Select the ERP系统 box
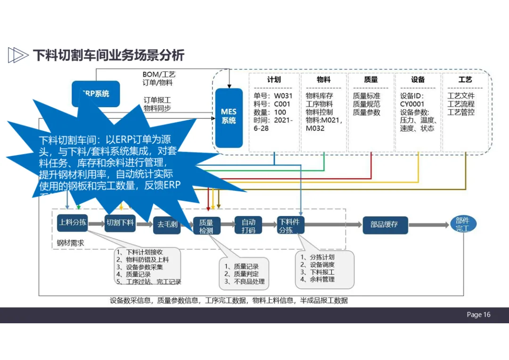click(96, 93)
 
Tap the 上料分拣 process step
click(73, 222)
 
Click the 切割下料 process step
click(120, 223)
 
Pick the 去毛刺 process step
click(167, 225)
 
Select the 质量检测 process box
click(206, 226)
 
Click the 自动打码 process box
click(248, 226)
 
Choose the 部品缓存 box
click(384, 225)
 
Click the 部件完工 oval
click(462, 224)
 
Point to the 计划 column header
click(274, 80)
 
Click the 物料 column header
click(324, 80)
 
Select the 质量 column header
click(371, 80)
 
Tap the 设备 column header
click(418, 80)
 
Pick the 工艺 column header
click(465, 80)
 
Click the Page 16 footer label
click(478, 315)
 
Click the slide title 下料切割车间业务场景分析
click(108, 55)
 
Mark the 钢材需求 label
click(70, 243)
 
